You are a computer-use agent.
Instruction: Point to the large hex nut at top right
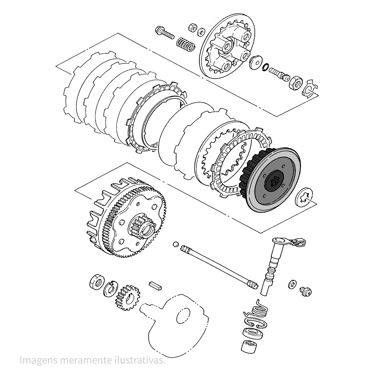click(295, 83)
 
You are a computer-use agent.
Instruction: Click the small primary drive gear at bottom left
click(127, 297)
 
